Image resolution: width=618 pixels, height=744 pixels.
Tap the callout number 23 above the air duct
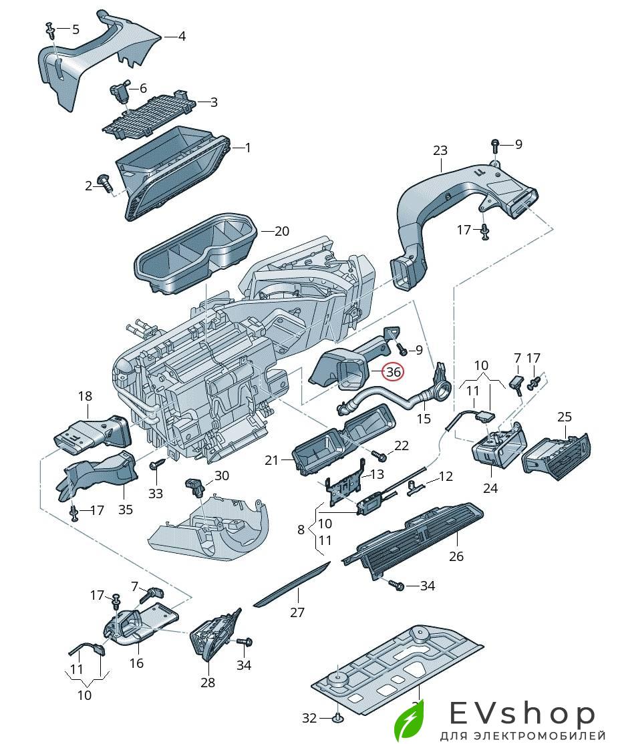click(x=440, y=151)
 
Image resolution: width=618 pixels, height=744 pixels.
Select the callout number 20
click(x=281, y=232)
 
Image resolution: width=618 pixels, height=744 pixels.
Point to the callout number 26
click(x=456, y=556)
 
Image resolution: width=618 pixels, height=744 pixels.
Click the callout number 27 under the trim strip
click(x=297, y=612)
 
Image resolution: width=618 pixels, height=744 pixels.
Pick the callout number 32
click(x=309, y=718)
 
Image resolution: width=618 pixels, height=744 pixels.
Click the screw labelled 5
click(x=51, y=28)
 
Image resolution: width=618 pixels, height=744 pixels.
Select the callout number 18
click(x=85, y=396)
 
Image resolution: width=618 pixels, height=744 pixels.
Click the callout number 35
click(x=126, y=510)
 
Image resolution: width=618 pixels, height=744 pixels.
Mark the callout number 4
click(x=181, y=36)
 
